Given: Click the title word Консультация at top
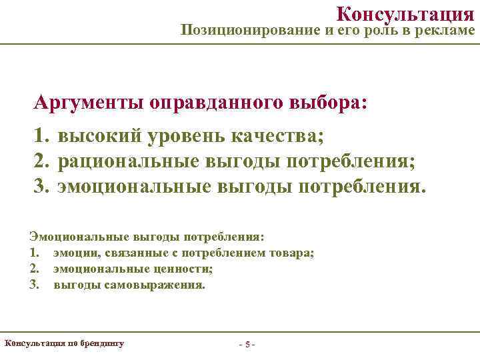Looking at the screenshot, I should click(x=405, y=13).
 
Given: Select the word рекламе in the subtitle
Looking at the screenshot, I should click(x=447, y=31).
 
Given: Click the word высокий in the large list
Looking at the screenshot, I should click(x=99, y=137).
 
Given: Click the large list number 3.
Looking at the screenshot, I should click(x=42, y=184).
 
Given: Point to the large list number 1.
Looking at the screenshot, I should click(x=42, y=137).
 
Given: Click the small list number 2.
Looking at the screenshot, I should click(x=33, y=269).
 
